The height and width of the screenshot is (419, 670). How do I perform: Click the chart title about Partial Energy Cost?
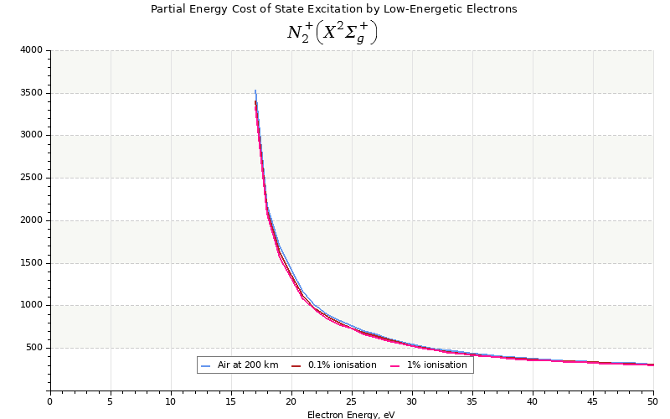pos(333,9)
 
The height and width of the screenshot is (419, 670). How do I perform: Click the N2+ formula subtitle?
pos(332,33)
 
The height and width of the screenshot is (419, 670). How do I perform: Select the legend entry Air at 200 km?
pos(247,365)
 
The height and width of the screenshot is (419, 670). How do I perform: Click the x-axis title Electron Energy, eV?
pos(351,415)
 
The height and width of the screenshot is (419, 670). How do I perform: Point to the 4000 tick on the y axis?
pos(31,50)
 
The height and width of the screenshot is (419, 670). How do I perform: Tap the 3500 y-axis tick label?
pos(31,93)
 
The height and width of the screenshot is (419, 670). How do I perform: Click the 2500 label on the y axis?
pos(31,178)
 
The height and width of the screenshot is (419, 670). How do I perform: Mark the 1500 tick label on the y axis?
pos(31,263)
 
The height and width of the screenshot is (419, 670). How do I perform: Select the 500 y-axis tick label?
pos(33,348)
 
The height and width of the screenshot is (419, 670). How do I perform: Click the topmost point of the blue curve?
pos(255,91)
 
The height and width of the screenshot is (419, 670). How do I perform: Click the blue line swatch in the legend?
pos(206,365)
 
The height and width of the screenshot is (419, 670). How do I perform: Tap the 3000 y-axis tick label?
pos(31,135)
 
